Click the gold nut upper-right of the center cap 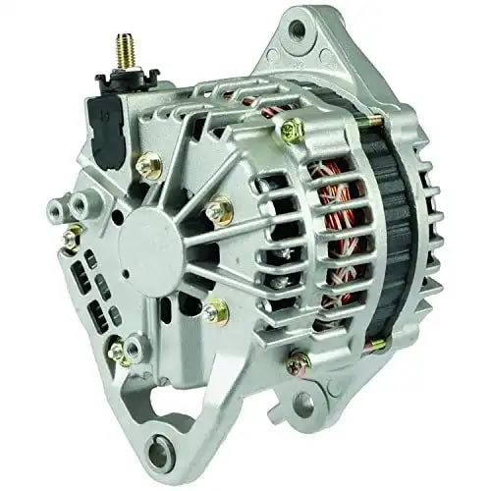(x=218, y=209)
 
